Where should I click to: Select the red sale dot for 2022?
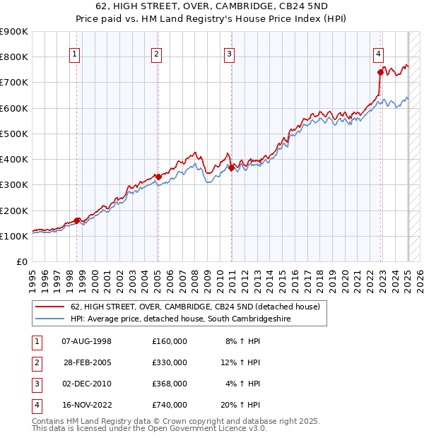(x=380, y=72)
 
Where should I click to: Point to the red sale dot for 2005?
(x=158, y=177)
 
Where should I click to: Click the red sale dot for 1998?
(x=76, y=220)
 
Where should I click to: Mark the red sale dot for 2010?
(x=231, y=167)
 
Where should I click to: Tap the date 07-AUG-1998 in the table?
(x=87, y=341)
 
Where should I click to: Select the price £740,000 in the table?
(x=170, y=405)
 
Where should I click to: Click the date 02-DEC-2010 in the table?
(x=87, y=384)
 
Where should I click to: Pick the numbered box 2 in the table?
(x=35, y=362)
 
